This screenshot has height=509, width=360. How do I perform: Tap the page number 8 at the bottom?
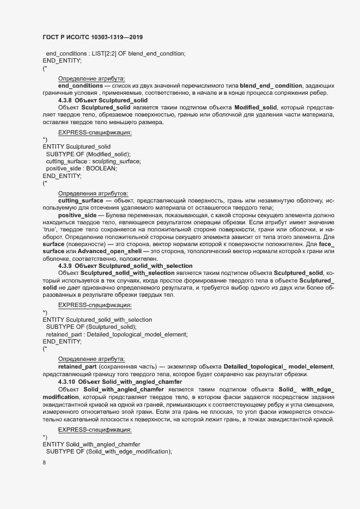[x=44, y=463]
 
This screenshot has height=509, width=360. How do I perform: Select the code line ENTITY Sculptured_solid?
[x=76, y=147]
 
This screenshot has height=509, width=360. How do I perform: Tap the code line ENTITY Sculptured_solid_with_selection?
[x=97, y=319]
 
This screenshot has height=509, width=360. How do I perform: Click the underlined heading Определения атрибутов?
[x=93, y=193]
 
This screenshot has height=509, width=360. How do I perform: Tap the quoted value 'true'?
[x=51, y=230]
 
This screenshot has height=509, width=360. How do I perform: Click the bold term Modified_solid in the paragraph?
[x=255, y=108]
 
